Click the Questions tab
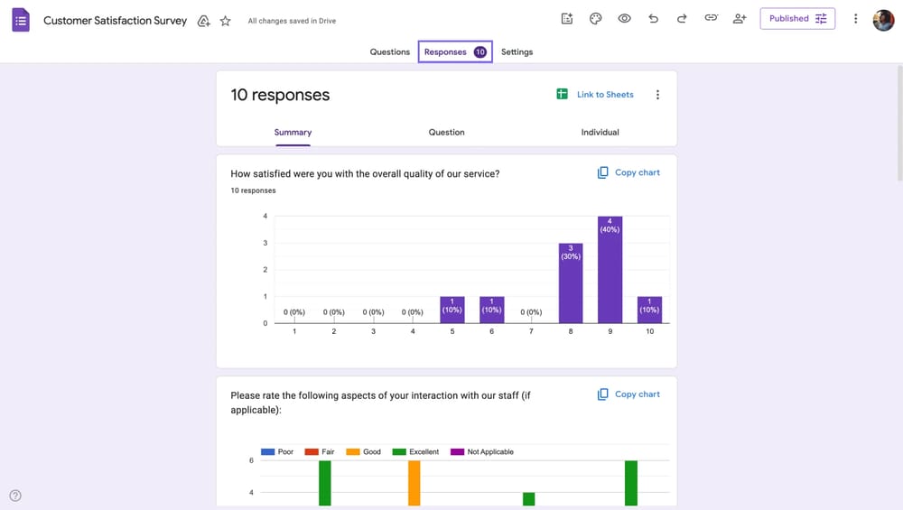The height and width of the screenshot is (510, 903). (390, 52)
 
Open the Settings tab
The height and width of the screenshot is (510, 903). (517, 52)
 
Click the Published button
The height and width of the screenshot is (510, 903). (797, 19)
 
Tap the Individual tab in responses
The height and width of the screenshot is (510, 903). (600, 133)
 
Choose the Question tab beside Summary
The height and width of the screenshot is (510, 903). (446, 133)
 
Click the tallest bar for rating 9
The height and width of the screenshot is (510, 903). (610, 271)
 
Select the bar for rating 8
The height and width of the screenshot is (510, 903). (570, 284)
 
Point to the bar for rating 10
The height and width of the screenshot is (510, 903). (649, 310)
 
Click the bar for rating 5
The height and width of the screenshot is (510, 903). (451, 310)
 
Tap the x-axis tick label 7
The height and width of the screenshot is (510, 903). (531, 332)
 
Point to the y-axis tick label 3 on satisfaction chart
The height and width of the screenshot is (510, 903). (265, 243)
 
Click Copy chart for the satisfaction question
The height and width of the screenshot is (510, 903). (628, 172)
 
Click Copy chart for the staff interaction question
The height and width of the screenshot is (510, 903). (628, 394)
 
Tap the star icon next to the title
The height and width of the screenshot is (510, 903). (226, 21)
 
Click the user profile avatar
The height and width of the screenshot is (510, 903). (883, 19)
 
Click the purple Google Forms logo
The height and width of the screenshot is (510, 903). (21, 20)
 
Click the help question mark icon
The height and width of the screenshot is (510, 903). (15, 496)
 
